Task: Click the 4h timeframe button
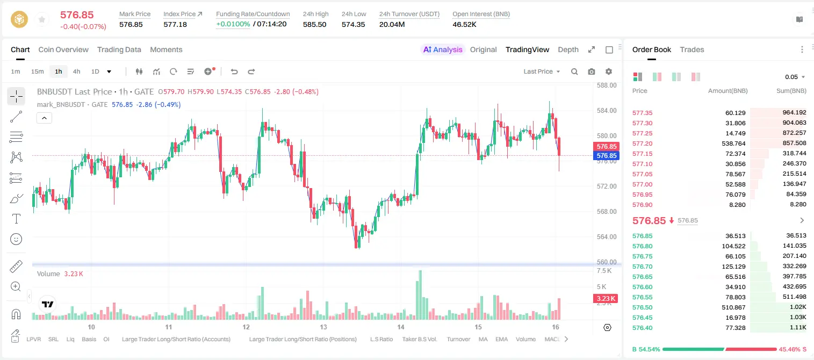pyautogui.click(x=76, y=71)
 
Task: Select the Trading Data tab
pyautogui.click(x=119, y=49)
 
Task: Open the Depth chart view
pyautogui.click(x=568, y=49)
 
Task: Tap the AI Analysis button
pyautogui.click(x=443, y=49)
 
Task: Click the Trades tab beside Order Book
pyautogui.click(x=692, y=49)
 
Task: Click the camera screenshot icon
pyautogui.click(x=592, y=71)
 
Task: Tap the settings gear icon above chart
pyautogui.click(x=609, y=71)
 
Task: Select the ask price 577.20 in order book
pyautogui.click(x=643, y=143)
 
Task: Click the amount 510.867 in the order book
pyautogui.click(x=733, y=307)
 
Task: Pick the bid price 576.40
pyautogui.click(x=643, y=328)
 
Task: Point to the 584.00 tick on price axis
pyautogui.click(x=607, y=111)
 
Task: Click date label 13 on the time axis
pyautogui.click(x=323, y=327)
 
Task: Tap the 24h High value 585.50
pyautogui.click(x=315, y=24)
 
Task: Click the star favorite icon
pyautogui.click(x=42, y=19)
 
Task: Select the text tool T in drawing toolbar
pyautogui.click(x=16, y=219)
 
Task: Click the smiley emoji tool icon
pyautogui.click(x=16, y=239)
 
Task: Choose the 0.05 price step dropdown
pyautogui.click(x=795, y=77)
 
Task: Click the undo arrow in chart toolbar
pyautogui.click(x=234, y=71)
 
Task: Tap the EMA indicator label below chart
pyautogui.click(x=501, y=339)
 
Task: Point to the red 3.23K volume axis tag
pyautogui.click(x=606, y=299)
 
